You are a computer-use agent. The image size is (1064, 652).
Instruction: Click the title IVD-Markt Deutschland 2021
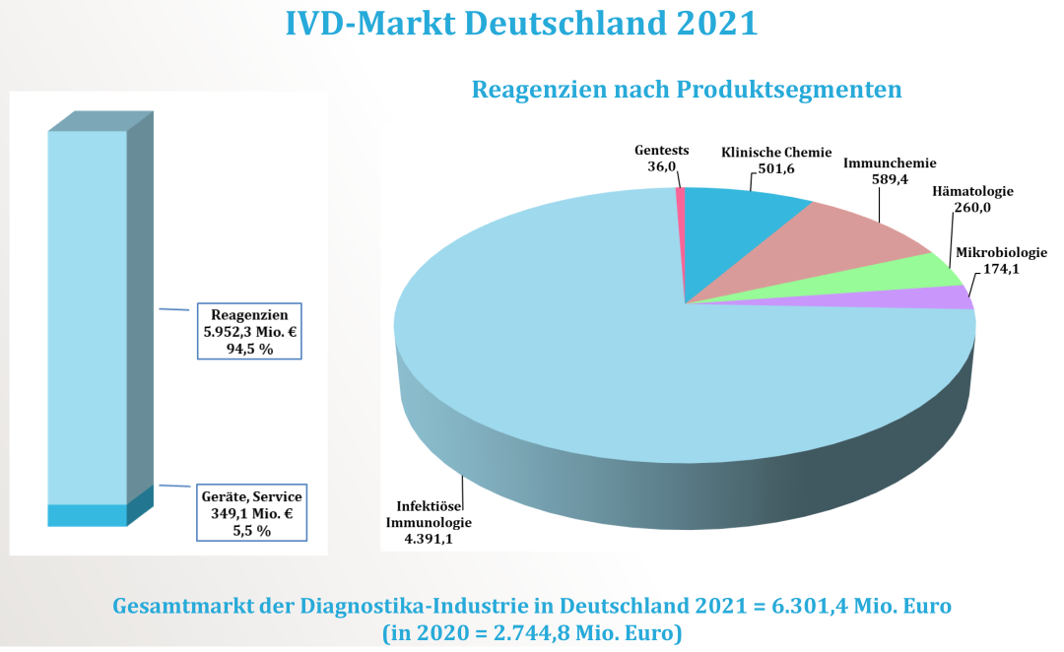521,24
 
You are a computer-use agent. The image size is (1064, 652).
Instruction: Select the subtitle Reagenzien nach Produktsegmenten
687,90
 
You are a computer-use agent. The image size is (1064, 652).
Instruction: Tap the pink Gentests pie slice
680,196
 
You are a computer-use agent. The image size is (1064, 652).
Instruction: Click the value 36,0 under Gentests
662,167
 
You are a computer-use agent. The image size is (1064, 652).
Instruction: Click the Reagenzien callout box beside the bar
249,331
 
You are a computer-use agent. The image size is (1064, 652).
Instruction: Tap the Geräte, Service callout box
249,511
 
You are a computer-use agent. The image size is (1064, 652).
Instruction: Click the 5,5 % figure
249,530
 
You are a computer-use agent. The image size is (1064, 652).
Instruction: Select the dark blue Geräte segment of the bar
88,515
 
